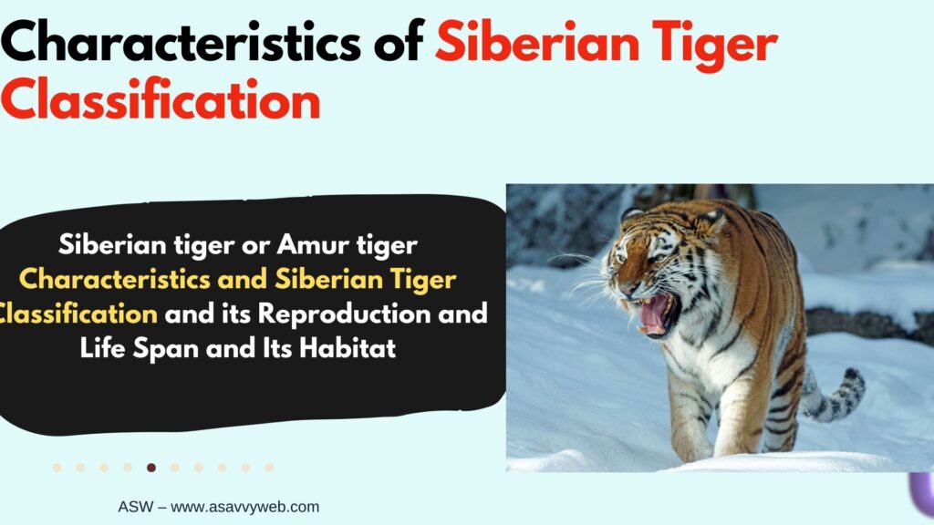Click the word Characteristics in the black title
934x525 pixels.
pos(181,42)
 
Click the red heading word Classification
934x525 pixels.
pos(161,98)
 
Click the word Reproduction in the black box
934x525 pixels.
pos(344,314)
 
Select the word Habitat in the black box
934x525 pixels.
pos(348,347)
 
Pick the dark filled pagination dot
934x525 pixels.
pos(151,468)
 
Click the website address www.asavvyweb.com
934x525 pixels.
pos(244,507)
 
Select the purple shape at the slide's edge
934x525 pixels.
pos(922,494)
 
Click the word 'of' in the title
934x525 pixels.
pos(399,42)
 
